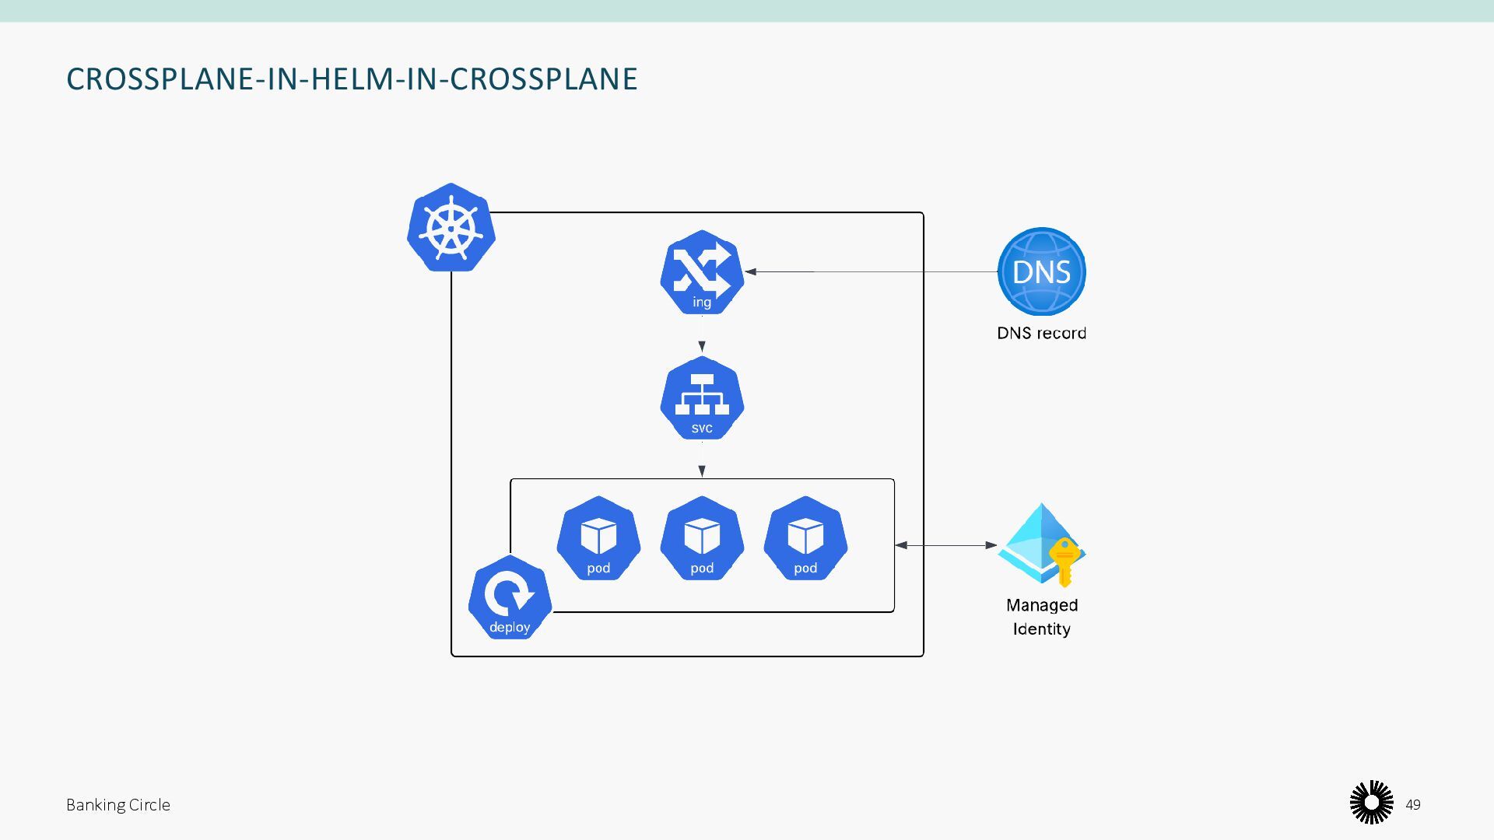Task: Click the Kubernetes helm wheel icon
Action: pyautogui.click(x=451, y=228)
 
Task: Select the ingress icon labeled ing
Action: pyautogui.click(x=702, y=272)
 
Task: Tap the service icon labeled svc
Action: pyautogui.click(x=702, y=398)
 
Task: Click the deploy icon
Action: pyautogui.click(x=510, y=597)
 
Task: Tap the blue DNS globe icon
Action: pyautogui.click(x=1041, y=271)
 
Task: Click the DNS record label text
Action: pyautogui.click(x=1041, y=333)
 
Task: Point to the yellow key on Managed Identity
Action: pyautogui.click(x=1064, y=560)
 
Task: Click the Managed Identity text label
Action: pyautogui.click(x=1041, y=617)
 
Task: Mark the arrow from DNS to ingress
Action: pyautogui.click(x=871, y=271)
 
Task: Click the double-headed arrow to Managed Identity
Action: pyautogui.click(x=945, y=545)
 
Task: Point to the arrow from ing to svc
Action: pyautogui.click(x=702, y=339)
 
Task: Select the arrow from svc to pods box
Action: pyautogui.click(x=702, y=463)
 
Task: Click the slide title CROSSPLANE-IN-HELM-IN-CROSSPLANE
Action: pyautogui.click(x=352, y=79)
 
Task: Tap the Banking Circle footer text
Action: pyautogui.click(x=118, y=805)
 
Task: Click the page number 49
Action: pyautogui.click(x=1413, y=805)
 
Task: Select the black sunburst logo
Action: pyautogui.click(x=1371, y=803)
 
